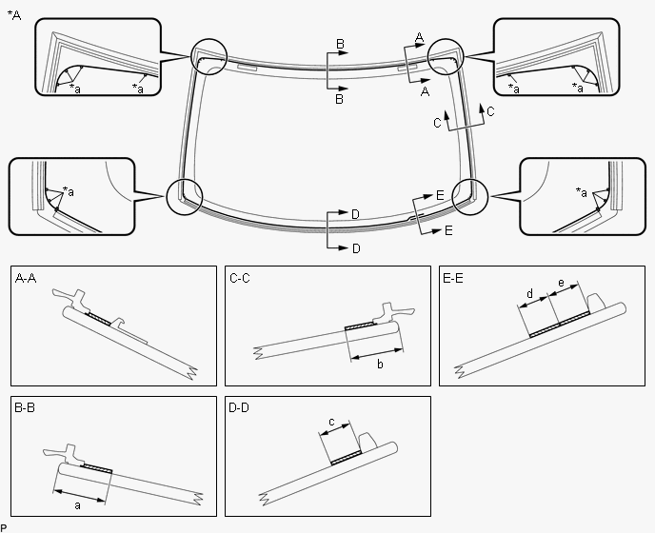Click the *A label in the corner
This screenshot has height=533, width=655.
coord(14,15)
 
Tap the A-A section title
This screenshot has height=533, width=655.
coord(26,278)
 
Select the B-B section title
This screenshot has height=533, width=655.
coord(25,407)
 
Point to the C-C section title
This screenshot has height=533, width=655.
coord(240,278)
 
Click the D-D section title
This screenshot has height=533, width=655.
coord(239,407)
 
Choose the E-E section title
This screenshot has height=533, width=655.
coord(453,278)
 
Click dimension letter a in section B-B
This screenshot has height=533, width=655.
coord(77,505)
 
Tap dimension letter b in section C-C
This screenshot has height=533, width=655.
coord(380,365)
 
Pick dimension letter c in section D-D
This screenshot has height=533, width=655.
coord(331,422)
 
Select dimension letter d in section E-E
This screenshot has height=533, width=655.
coord(529,294)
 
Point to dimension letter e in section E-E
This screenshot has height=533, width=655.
coord(561,284)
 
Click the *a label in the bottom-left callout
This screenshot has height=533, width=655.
coord(69,191)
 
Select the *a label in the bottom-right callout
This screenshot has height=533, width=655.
coord(582,192)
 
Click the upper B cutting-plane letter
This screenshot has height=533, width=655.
coord(341,44)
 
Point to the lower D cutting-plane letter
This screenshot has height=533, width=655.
coord(356,248)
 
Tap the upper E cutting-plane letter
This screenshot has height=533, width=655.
coord(440,195)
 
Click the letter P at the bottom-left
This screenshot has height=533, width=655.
coord(4,528)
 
